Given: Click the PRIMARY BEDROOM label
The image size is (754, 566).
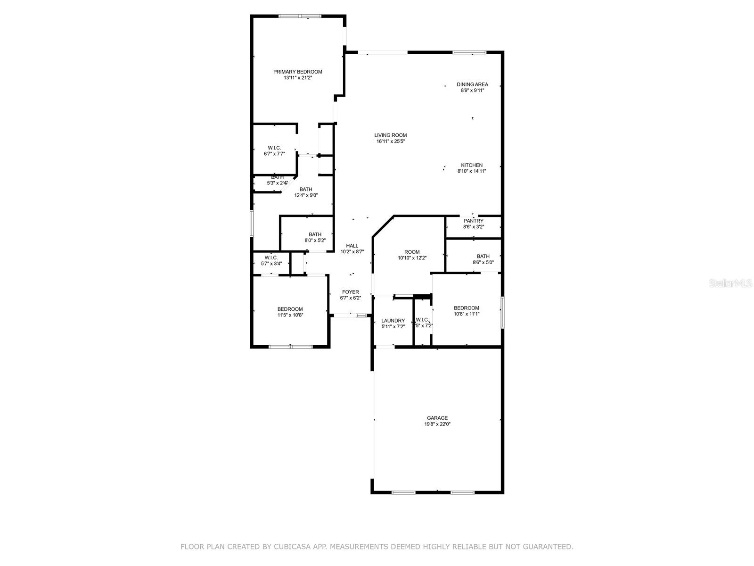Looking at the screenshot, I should (298, 72).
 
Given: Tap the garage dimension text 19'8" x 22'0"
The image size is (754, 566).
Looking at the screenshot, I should (437, 424).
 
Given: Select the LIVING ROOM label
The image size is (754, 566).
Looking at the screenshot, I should (391, 135).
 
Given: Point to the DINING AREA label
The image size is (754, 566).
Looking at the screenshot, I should (472, 84).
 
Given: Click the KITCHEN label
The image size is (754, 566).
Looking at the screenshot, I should (472, 165).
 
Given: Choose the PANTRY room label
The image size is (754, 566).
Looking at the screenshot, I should (474, 221).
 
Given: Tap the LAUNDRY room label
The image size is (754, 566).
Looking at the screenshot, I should (393, 321).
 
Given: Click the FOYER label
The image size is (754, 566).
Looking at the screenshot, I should (351, 292).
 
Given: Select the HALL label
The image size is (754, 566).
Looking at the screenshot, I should (352, 246).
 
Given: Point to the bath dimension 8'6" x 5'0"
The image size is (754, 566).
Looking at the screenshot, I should (483, 263).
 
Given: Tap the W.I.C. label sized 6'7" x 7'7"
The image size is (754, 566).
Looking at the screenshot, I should (274, 148).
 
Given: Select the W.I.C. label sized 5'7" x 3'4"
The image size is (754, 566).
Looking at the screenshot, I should (271, 258).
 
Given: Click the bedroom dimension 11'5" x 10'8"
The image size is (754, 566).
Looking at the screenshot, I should (290, 315).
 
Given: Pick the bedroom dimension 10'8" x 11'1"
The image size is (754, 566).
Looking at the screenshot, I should (467, 314).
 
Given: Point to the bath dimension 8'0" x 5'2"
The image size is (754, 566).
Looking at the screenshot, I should (315, 240).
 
